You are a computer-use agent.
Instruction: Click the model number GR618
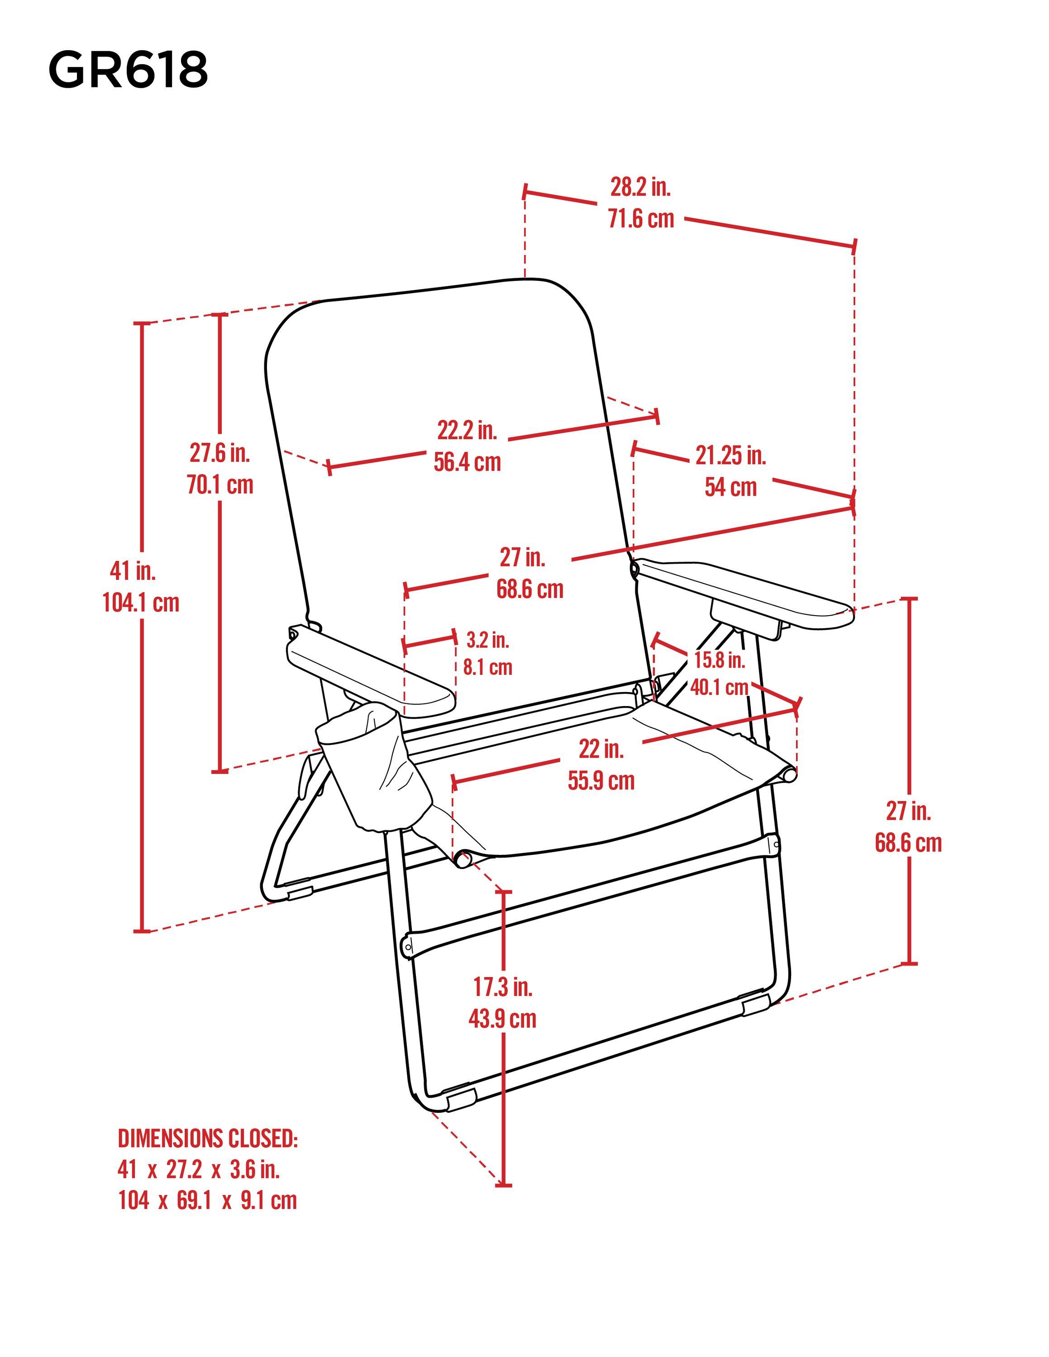(128, 70)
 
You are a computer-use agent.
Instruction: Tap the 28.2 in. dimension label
(640, 186)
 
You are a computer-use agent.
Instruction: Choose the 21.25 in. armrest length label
(730, 455)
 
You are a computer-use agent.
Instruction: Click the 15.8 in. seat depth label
(720, 660)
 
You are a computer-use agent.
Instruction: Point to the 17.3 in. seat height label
(502, 987)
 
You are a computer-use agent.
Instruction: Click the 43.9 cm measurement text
(502, 1019)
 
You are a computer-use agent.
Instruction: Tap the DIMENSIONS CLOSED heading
(208, 1138)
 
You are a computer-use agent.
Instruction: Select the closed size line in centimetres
(208, 1200)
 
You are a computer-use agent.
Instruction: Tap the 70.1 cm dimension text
(220, 484)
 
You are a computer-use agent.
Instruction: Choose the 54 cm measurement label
(730, 487)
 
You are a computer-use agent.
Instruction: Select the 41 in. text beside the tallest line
(132, 570)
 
